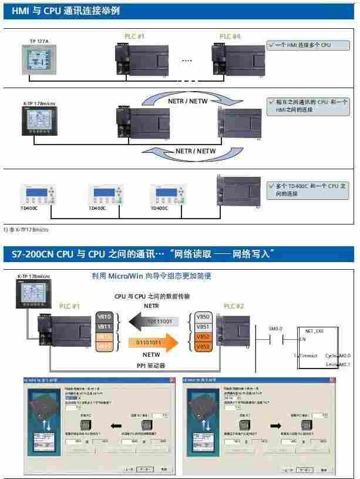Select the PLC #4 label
(x=230, y=36)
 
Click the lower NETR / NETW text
(x=196, y=151)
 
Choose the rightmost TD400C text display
(x=169, y=193)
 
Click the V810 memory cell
(x=103, y=317)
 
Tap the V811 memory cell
(x=103, y=326)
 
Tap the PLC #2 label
(x=235, y=306)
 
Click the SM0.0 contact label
(x=275, y=328)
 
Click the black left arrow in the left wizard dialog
(x=116, y=424)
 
